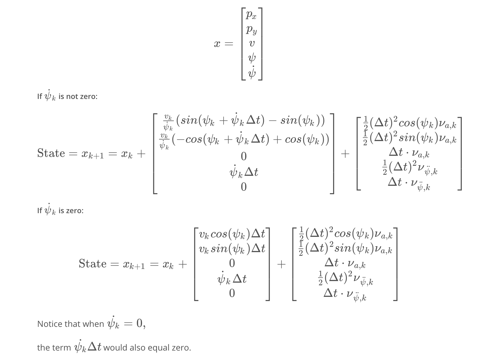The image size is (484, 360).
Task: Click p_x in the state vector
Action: (251, 15)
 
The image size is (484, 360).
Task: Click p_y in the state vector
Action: (251, 30)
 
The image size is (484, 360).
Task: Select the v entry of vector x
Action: (252, 43)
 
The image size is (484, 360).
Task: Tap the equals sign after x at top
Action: (229, 44)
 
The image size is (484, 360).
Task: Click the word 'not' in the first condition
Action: (72, 97)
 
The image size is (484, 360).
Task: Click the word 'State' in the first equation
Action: (51, 153)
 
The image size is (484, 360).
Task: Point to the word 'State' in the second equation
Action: (92, 264)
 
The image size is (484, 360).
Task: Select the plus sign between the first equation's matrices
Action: (345, 154)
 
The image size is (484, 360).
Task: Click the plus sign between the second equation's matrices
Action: (281, 264)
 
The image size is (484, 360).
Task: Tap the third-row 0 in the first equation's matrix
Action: (244, 157)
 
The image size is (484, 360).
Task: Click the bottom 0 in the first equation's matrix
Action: (244, 187)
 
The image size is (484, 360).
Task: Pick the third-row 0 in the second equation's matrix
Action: (232, 263)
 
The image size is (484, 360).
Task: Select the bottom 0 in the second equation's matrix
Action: (232, 293)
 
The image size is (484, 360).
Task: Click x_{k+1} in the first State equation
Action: (92, 154)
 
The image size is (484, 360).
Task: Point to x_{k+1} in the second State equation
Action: (134, 264)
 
